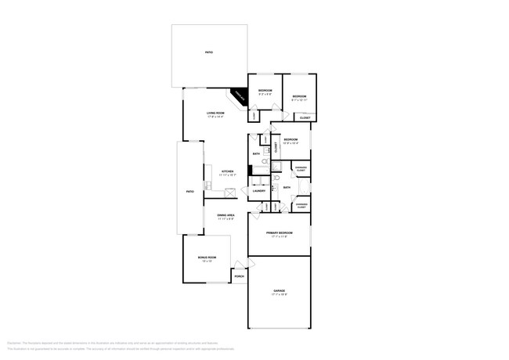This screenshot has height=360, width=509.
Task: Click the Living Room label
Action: pyautogui.click(x=215, y=113)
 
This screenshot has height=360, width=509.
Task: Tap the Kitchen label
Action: pyautogui.click(x=227, y=171)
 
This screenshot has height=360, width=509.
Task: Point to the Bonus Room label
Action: pyautogui.click(x=207, y=257)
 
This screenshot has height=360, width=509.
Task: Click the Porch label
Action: pyautogui.click(x=239, y=276)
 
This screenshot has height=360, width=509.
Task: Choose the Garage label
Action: pyautogui.click(x=280, y=291)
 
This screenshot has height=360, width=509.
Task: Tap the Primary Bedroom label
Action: pyautogui.click(x=280, y=233)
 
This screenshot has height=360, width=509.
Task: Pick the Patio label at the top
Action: pyautogui.click(x=209, y=52)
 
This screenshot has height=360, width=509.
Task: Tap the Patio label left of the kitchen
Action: pyautogui.click(x=190, y=191)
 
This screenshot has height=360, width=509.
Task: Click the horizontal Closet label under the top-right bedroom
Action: pyautogui.click(x=305, y=118)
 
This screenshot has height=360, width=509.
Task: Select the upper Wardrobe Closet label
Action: pyautogui.click(x=301, y=169)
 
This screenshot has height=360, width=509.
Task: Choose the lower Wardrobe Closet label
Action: pyautogui.click(x=301, y=206)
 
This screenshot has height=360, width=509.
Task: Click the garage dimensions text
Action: pyautogui.click(x=280, y=295)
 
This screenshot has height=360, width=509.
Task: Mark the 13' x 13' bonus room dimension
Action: pyautogui.click(x=207, y=261)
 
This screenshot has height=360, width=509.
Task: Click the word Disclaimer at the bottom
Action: pyautogui.click(x=14, y=343)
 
